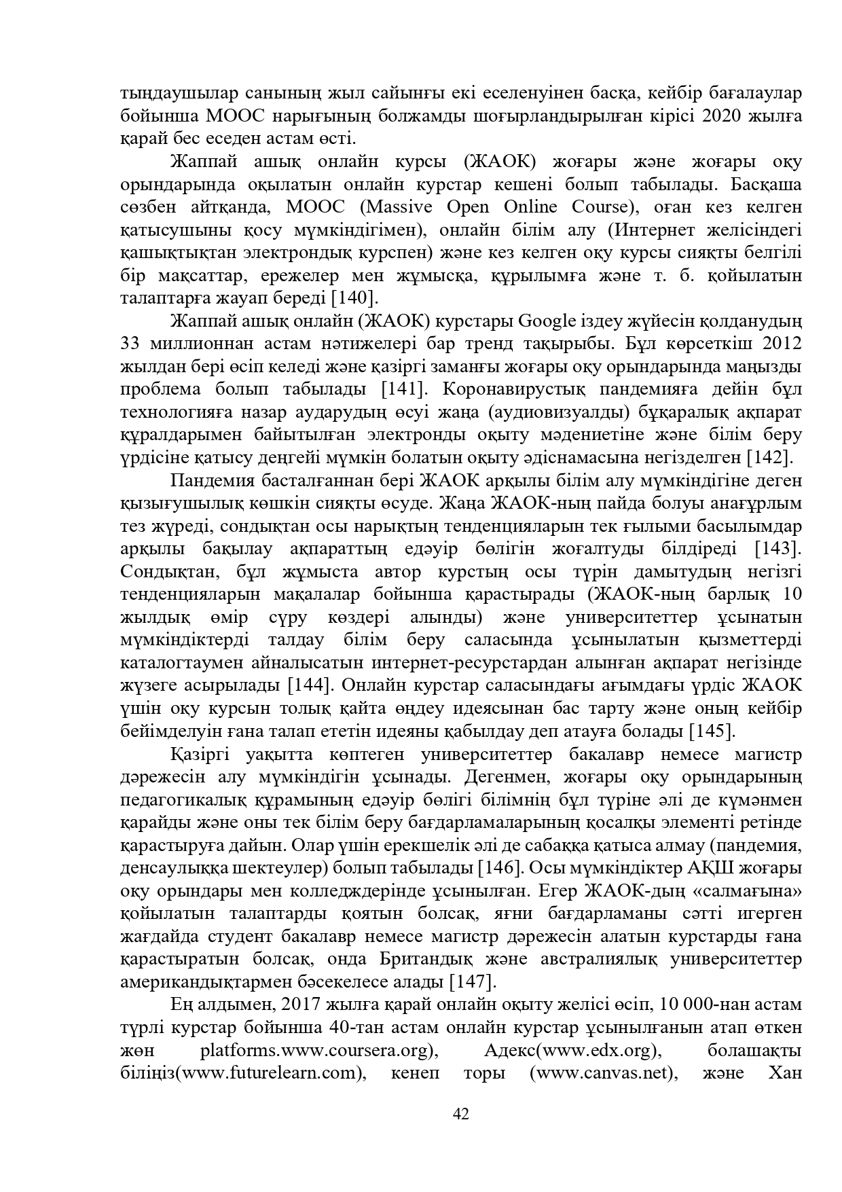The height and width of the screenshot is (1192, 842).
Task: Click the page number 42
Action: coord(461,1113)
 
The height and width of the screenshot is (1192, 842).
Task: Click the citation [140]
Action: coord(354,298)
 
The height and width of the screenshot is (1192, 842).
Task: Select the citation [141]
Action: coord(405,389)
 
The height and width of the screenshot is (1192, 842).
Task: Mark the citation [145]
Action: coord(712,731)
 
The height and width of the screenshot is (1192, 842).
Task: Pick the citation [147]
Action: coord(473,981)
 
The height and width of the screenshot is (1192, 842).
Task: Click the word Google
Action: coord(547,321)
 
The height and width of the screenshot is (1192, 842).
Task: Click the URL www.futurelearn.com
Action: coord(270,1073)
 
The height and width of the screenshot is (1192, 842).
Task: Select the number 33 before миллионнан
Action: coord(130,344)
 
